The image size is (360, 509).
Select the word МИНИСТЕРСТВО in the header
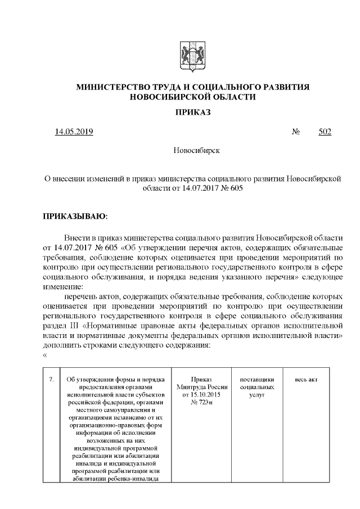point(110,87)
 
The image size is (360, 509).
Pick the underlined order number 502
point(325,132)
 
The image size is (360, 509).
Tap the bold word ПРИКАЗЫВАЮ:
point(75,215)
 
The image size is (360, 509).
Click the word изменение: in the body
point(63,286)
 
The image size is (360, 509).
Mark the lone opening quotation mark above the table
point(45,354)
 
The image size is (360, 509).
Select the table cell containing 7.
point(51,380)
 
